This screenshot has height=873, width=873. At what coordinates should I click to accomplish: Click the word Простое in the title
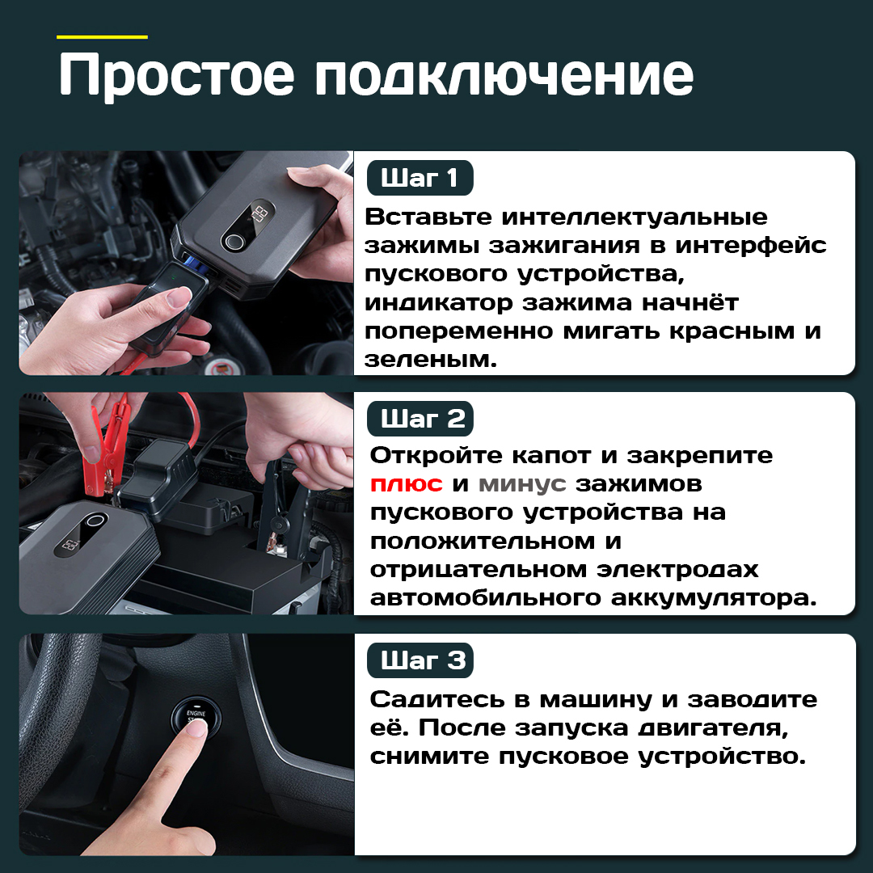coord(176,75)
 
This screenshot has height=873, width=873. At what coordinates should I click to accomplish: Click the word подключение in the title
coord(504,75)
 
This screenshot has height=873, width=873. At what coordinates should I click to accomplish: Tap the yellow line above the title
coord(102,37)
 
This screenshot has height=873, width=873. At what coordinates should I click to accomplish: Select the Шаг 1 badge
coord(420,178)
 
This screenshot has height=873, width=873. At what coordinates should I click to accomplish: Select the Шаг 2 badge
coord(420,419)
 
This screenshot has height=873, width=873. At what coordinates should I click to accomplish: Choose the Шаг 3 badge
coord(420,660)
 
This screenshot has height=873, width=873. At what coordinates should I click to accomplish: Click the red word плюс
coord(406,484)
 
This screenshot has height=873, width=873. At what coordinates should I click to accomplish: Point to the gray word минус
coord(522,484)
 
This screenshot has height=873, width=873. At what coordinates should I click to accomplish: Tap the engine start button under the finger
coord(196,715)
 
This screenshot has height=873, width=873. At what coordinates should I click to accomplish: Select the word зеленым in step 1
coord(430,361)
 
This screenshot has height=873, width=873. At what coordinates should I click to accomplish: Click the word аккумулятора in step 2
coord(714,598)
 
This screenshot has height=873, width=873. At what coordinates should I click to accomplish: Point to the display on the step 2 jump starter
coord(70,544)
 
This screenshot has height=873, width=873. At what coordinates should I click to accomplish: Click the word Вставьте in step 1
coord(428,217)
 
